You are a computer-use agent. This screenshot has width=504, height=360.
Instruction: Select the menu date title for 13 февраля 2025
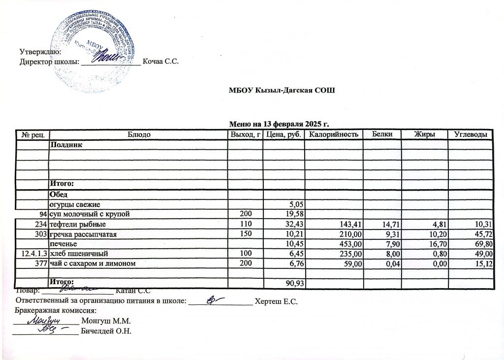pos(279,123)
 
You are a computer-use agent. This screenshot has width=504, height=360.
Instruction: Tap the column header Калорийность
pos(334,134)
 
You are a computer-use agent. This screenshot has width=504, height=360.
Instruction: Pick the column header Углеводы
pos(470,134)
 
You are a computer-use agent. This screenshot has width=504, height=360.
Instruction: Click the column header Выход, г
pos(245,134)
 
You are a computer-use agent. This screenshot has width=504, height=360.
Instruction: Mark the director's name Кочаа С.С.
pos(159,62)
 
